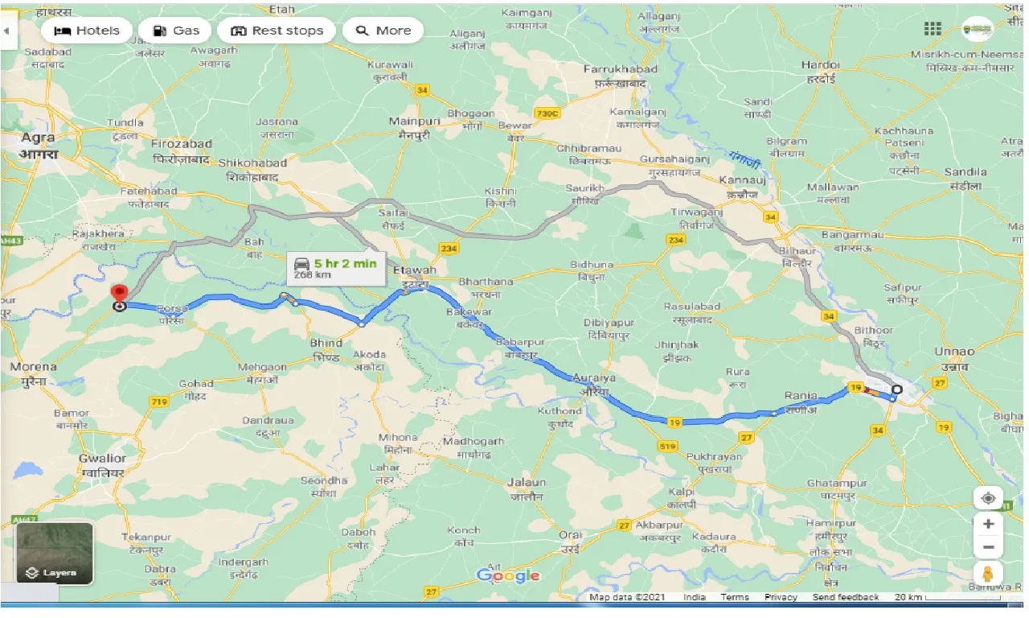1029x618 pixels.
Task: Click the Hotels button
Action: pos(85,31)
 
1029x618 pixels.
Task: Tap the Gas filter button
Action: pos(174,31)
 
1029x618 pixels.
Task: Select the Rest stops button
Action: pos(277,31)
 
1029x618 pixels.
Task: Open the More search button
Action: pos(383,31)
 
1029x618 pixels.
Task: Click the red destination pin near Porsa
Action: pos(120,295)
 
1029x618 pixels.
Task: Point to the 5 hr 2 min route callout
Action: pos(336,267)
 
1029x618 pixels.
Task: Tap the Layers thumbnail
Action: pos(55,553)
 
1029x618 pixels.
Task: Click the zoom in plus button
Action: pos(988,524)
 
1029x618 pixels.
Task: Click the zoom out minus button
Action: pos(988,548)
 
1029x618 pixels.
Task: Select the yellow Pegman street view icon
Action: pos(988,574)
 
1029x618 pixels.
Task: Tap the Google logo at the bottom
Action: pos(508,575)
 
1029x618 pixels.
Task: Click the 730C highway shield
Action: pos(546,114)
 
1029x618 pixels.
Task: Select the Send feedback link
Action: pos(845,597)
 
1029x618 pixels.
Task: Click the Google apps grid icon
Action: pos(933,29)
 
